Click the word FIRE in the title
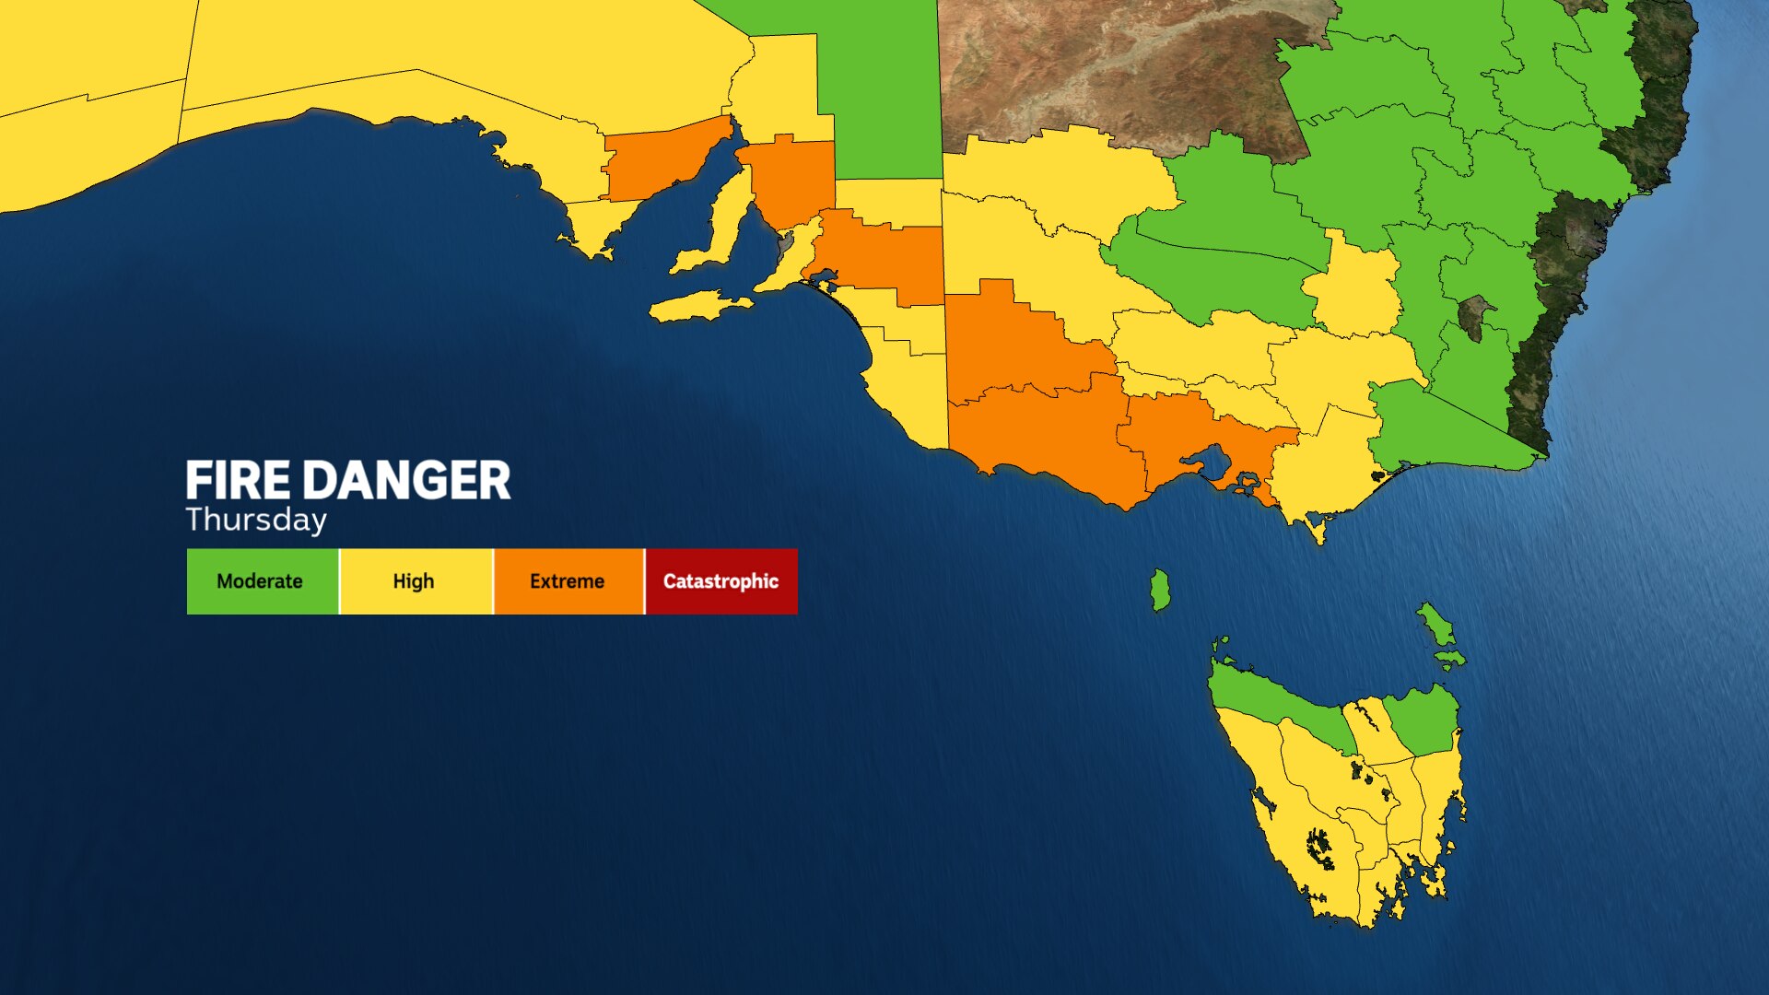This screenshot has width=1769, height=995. [x=238, y=481]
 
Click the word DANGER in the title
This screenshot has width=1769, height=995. [x=406, y=481]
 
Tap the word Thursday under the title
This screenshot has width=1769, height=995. [x=256, y=520]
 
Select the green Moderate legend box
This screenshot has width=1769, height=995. [x=262, y=581]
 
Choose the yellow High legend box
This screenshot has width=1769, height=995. [x=415, y=581]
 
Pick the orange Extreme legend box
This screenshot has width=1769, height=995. [x=568, y=581]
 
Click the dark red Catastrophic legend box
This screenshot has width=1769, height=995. [x=721, y=581]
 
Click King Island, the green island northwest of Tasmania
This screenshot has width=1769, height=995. [x=1160, y=590]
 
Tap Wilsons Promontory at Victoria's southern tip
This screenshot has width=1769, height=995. [x=1317, y=530]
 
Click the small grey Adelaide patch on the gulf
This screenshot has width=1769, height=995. [x=786, y=244]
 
